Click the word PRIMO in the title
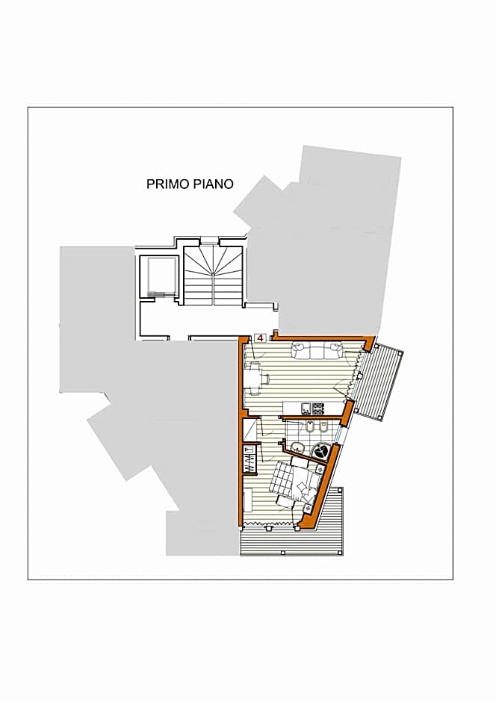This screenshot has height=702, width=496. tap(168, 184)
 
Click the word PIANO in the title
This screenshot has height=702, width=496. tap(214, 184)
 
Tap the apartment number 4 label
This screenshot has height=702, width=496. tap(260, 338)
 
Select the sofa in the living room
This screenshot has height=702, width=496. tap(317, 350)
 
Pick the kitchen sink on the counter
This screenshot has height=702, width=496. tap(306, 408)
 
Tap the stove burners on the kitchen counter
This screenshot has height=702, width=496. tap(317, 408)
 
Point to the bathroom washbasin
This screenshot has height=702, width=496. tap(297, 447)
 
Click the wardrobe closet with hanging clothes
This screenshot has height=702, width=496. tap(249, 459)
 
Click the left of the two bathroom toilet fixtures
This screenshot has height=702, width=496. tap(310, 428)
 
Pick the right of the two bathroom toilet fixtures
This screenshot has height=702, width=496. tap(324, 428)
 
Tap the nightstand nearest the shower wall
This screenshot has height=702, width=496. tap(320, 469)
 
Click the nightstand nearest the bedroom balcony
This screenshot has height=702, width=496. tap(308, 508)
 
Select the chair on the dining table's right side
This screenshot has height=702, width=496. tap(265, 379)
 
